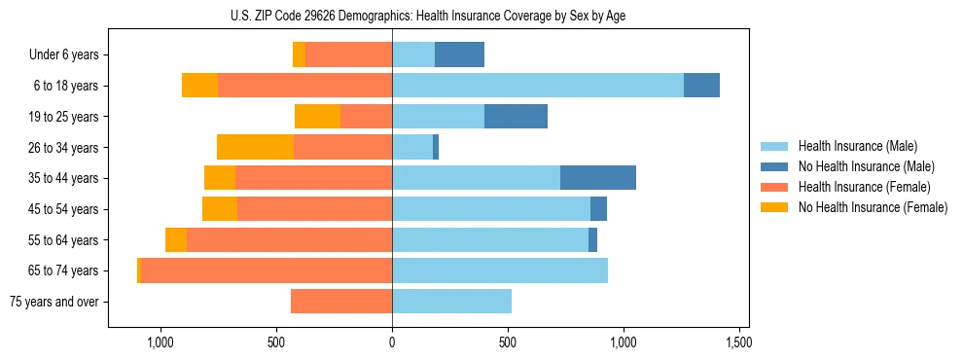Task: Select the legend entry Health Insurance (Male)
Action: tap(857, 146)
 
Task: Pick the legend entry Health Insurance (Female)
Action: tap(864, 187)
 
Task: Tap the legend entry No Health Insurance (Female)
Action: tap(873, 207)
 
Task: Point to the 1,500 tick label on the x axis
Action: tap(738, 342)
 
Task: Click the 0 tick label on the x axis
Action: tap(392, 342)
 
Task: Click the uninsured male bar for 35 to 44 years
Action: tap(598, 178)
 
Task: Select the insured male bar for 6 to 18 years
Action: tap(538, 86)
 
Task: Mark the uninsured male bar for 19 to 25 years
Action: tap(516, 117)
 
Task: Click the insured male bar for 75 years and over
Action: tap(451, 302)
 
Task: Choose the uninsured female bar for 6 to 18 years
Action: tap(199, 86)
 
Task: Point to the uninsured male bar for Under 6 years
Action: tap(459, 55)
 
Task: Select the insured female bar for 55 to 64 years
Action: tap(289, 239)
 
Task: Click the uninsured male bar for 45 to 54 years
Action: tap(598, 209)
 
